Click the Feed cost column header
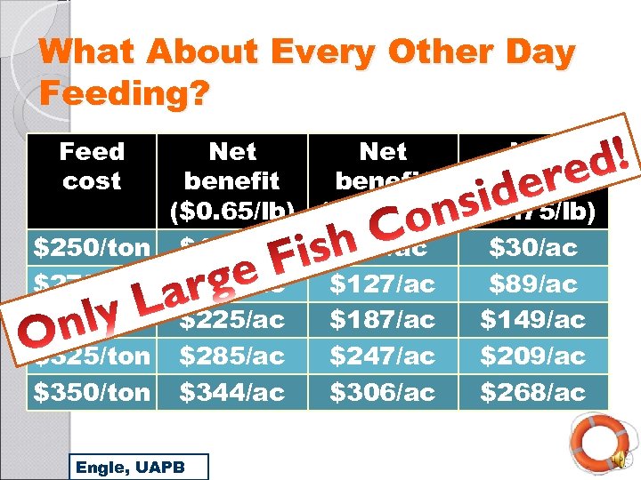(92, 166)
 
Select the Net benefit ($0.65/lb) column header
(232, 180)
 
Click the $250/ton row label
(92, 247)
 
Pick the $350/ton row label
(92, 391)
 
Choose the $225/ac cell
(232, 319)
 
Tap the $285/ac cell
(232, 356)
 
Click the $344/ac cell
(232, 391)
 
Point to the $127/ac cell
(383, 284)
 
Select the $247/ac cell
(383, 356)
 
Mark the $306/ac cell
(383, 391)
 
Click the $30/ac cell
(532, 247)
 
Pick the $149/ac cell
(532, 319)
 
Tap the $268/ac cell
(532, 391)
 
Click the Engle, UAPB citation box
(138, 466)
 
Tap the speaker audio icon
(617, 459)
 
